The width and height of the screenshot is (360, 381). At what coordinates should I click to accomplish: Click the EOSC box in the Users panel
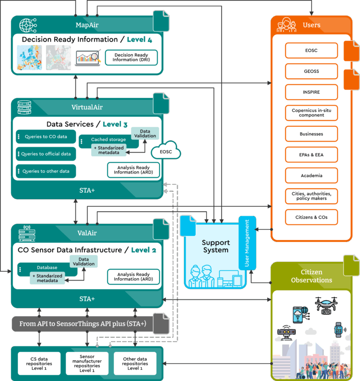click(x=311, y=51)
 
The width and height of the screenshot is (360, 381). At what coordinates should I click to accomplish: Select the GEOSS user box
click(x=311, y=71)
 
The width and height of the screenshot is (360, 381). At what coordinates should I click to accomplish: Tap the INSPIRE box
click(x=311, y=92)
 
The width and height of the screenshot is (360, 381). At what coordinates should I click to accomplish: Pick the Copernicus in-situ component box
click(x=311, y=113)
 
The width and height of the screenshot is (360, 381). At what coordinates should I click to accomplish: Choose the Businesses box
click(x=311, y=134)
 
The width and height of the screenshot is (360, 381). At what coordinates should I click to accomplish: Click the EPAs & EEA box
click(x=311, y=155)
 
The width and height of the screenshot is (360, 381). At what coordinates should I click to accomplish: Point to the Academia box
click(x=311, y=175)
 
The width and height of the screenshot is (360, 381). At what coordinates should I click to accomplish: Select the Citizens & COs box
click(x=311, y=217)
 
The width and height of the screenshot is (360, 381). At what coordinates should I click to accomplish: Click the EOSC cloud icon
click(x=166, y=150)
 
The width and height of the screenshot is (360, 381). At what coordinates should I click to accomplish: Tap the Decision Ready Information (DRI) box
click(x=131, y=58)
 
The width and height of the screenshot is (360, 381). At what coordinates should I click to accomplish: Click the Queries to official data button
click(x=46, y=154)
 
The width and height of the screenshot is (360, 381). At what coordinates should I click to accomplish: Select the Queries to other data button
click(x=46, y=171)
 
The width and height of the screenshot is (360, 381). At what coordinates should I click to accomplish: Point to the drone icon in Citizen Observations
click(x=326, y=305)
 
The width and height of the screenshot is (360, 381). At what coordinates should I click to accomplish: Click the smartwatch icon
click(x=339, y=330)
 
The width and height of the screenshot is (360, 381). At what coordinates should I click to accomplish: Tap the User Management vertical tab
click(x=247, y=243)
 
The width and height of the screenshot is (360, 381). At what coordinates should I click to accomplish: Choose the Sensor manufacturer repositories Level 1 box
click(x=87, y=364)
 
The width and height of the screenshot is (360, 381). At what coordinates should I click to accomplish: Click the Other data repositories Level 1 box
click(x=135, y=364)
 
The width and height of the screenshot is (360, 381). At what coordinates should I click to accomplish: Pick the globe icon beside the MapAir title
click(x=28, y=25)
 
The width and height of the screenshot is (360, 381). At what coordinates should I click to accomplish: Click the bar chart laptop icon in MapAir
click(x=88, y=58)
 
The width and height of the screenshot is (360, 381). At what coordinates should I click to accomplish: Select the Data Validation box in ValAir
click(x=84, y=261)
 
